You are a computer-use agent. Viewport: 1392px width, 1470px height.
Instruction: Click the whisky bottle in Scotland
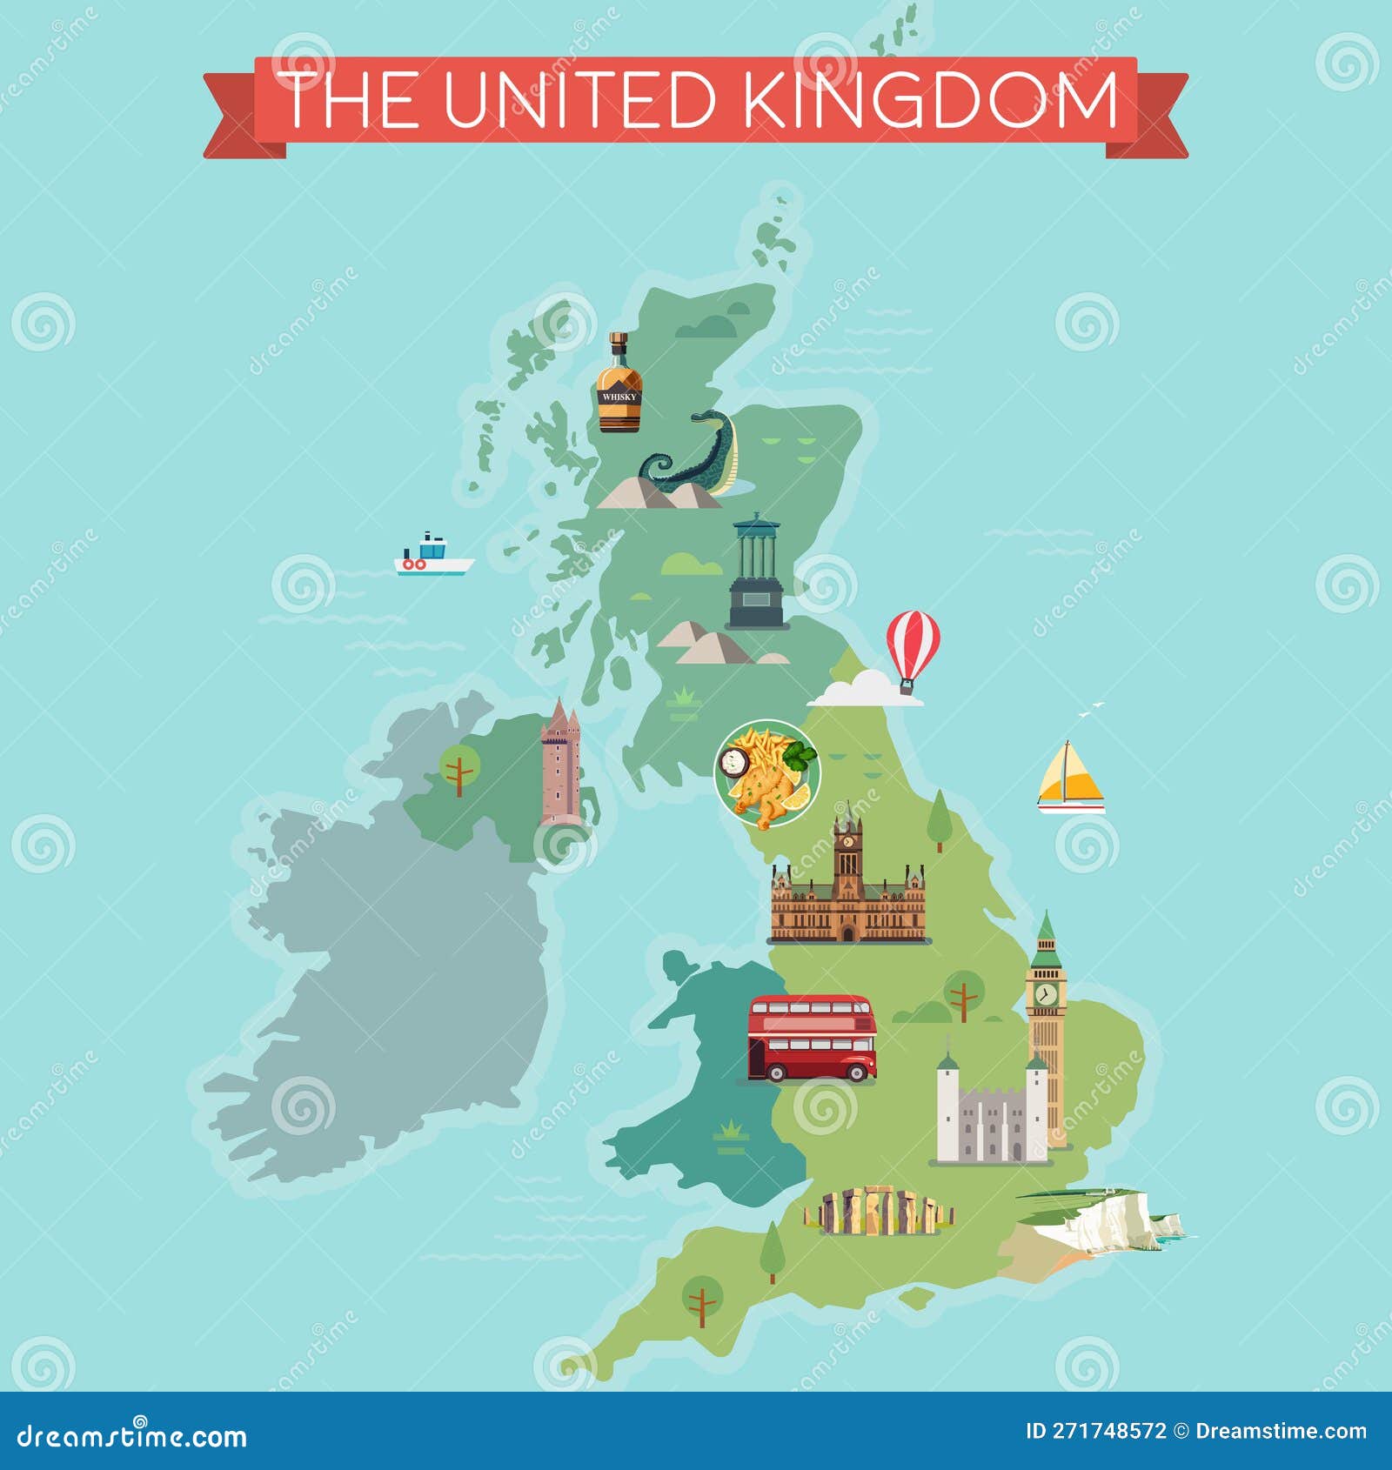[619, 384]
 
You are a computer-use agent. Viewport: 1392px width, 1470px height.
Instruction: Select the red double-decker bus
[813, 1038]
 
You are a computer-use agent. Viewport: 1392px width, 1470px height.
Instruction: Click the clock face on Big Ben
[1046, 993]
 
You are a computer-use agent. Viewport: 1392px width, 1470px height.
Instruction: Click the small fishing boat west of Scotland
[432, 556]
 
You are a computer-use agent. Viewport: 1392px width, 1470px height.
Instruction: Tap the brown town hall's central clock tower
[847, 857]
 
